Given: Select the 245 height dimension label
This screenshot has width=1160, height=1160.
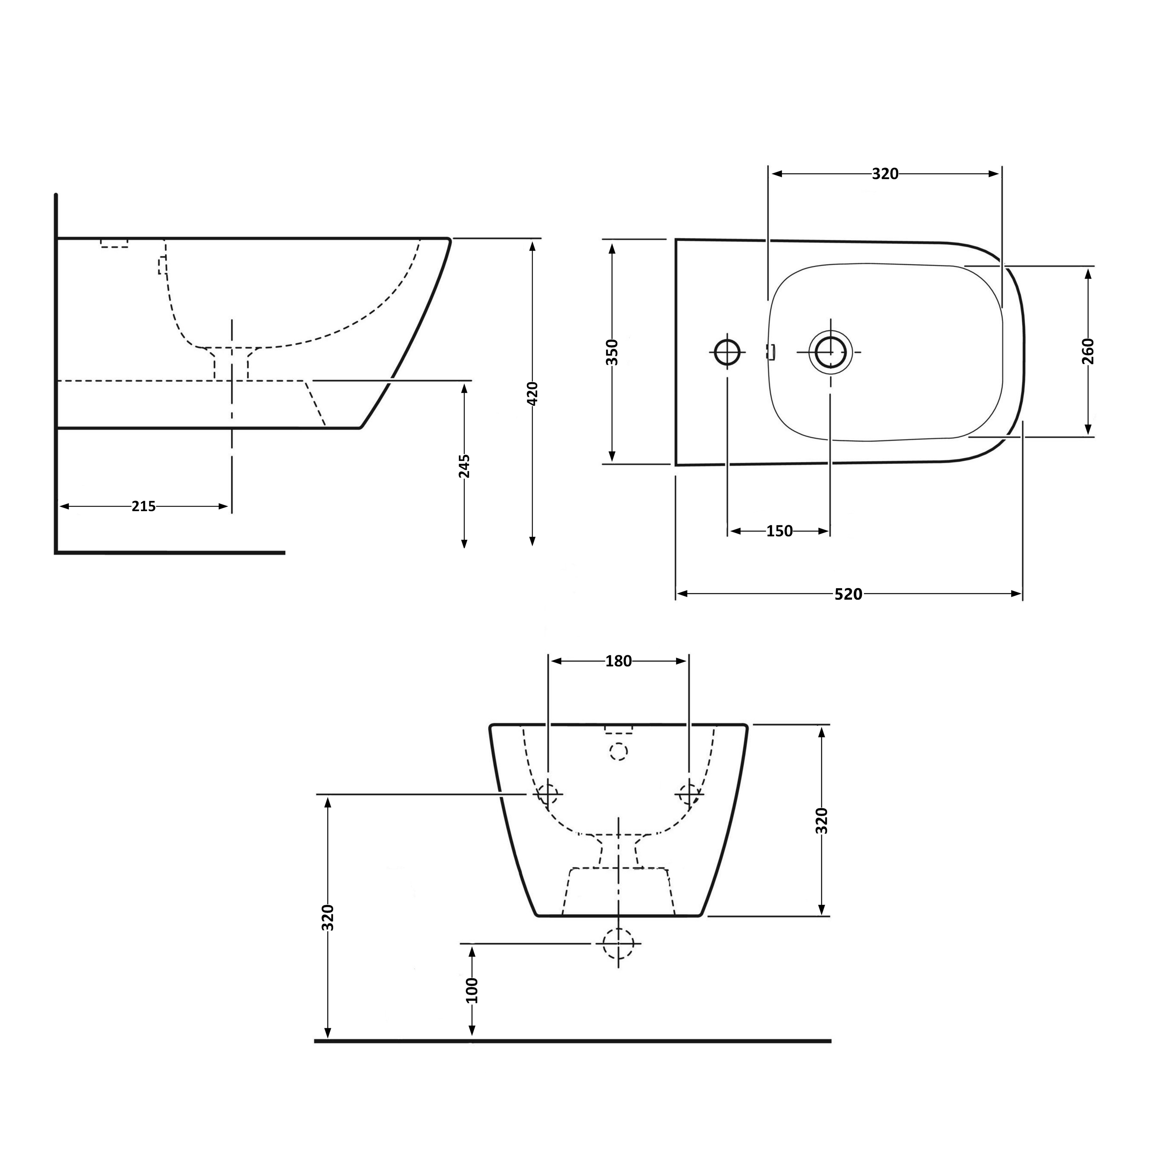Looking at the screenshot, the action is (464, 466).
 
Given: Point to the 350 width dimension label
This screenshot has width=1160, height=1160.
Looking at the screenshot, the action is (612, 352).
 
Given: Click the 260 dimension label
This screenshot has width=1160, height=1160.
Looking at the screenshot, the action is (1088, 351).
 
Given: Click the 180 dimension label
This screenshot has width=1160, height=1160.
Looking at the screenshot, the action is (618, 661).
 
